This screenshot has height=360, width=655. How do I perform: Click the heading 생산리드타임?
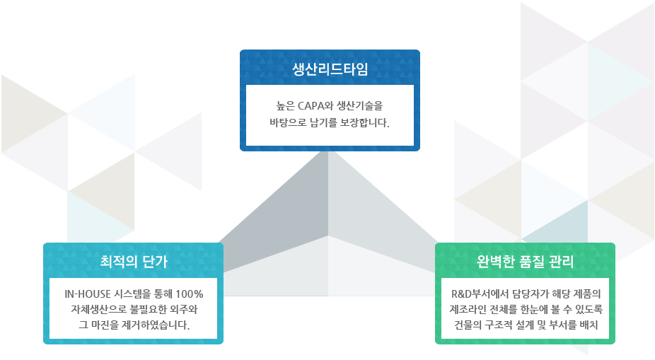(330, 69)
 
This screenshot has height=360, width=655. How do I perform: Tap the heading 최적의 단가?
(134, 262)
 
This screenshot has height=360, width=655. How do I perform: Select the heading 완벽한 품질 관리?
(525, 262)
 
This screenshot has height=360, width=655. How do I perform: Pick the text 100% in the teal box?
(189, 294)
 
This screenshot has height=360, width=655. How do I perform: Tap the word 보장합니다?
(364, 122)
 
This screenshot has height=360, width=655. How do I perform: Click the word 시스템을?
(136, 294)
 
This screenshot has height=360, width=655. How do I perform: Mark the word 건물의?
(468, 325)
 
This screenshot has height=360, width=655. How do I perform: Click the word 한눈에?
(546, 310)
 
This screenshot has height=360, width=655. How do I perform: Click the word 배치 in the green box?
(589, 325)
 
